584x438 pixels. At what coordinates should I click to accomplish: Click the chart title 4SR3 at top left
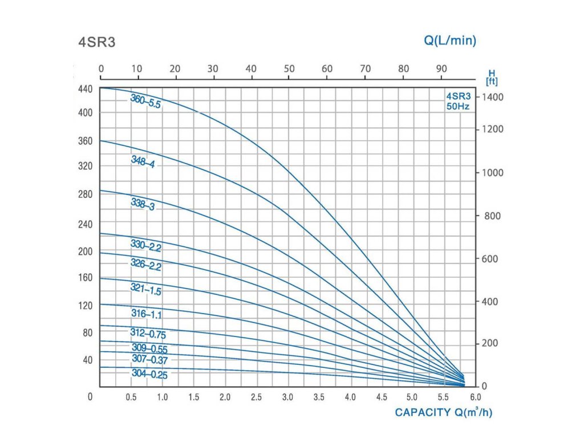tap(96, 43)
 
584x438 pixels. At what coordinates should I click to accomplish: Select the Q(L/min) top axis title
tap(450, 40)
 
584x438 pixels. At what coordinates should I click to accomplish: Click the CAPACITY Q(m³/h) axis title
tap(443, 412)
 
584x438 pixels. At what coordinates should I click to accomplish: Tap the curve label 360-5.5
tap(145, 102)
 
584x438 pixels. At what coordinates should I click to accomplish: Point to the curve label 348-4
tap(143, 162)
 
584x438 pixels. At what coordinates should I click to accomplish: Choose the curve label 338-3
tap(143, 204)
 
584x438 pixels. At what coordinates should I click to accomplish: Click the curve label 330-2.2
tap(146, 245)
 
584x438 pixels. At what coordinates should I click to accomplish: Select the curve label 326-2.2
tap(146, 265)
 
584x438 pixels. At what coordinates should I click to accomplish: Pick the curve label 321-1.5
tap(146, 290)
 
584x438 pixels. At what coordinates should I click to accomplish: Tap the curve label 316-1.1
tap(146, 315)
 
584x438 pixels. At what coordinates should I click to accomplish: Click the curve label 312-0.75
tap(148, 334)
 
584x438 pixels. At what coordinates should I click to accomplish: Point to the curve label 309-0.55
tap(149, 348)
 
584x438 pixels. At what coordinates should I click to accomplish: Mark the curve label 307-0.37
tap(150, 359)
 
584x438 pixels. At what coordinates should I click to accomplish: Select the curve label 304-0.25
tap(150, 374)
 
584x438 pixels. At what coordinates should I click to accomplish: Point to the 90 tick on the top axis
tap(441, 69)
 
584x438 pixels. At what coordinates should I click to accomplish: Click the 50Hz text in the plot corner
tap(459, 106)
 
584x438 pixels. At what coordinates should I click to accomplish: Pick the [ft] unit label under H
tap(491, 81)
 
